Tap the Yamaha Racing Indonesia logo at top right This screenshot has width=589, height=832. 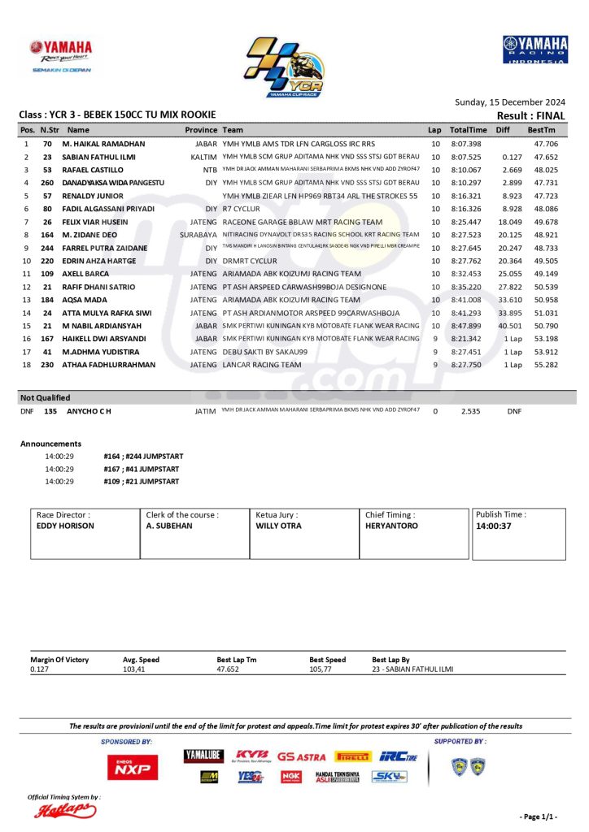534,50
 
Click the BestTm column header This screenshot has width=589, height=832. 541,130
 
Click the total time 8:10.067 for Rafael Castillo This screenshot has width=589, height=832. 467,170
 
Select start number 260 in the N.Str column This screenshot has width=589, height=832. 47,183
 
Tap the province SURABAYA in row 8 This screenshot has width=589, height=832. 199,235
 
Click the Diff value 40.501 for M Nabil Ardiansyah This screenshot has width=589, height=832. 508,326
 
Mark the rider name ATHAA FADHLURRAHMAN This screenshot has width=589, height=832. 111,365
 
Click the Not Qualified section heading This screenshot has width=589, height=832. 46,398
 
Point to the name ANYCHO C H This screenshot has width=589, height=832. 89,412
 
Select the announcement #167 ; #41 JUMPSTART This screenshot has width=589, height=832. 141,469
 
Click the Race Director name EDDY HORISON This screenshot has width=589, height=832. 65,526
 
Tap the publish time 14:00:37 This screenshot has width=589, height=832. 493,526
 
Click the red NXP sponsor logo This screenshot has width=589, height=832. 133,767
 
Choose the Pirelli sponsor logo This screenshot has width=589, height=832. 352,756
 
